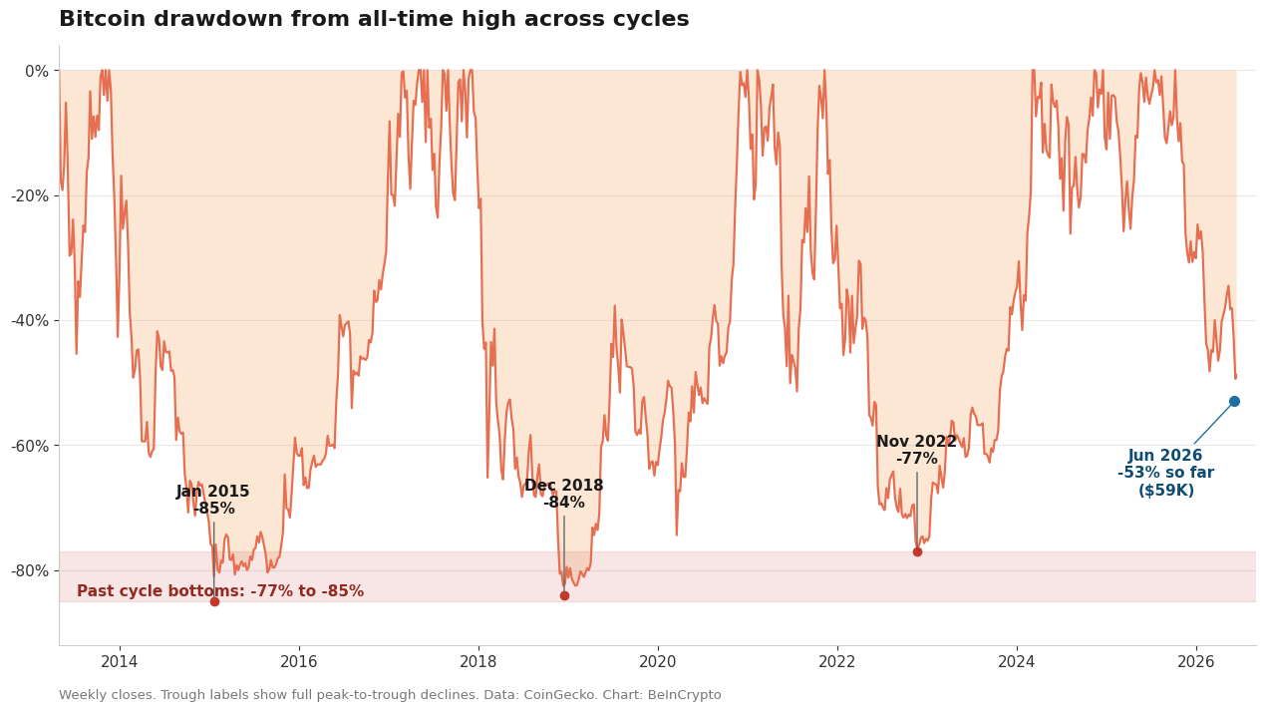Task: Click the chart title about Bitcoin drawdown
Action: click(x=374, y=19)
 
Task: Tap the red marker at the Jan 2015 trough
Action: click(x=214, y=602)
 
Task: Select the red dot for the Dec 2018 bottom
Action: click(x=565, y=595)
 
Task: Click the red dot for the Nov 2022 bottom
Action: click(x=917, y=551)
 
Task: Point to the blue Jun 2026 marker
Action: click(x=1234, y=401)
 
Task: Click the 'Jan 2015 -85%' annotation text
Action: click(x=213, y=500)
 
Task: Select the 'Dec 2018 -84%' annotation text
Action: click(x=563, y=494)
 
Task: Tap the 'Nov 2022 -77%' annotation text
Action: click(x=916, y=450)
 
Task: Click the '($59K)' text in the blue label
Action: click(x=1166, y=490)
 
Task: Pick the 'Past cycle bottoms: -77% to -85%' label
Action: click(x=220, y=591)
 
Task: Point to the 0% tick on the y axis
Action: click(x=37, y=71)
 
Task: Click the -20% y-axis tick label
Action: click(x=31, y=196)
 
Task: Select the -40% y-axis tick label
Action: click(x=31, y=321)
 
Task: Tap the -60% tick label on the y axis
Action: click(x=31, y=446)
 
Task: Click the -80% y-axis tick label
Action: click(x=31, y=570)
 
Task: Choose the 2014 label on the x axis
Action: click(x=120, y=662)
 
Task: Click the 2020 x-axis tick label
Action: click(x=658, y=662)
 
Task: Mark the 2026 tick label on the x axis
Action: click(x=1196, y=662)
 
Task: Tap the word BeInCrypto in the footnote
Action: click(x=685, y=695)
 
